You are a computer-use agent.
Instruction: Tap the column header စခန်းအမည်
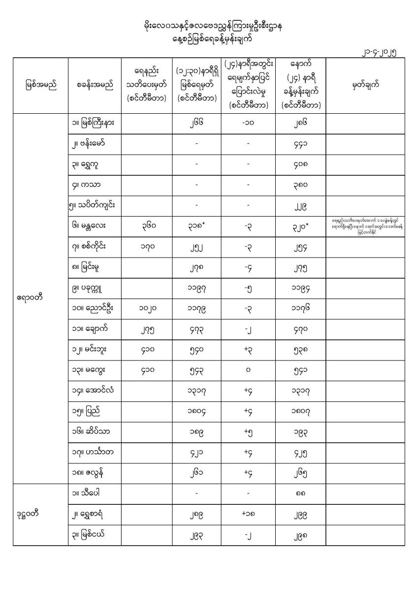pyautogui.click(x=95, y=85)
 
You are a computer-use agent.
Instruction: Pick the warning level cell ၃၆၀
pyautogui.click(x=146, y=225)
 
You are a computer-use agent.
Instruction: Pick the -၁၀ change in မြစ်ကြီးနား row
pyautogui.click(x=248, y=124)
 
